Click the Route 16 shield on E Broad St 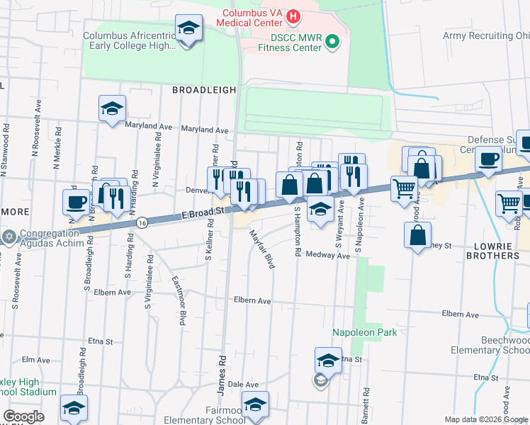[x=142, y=222]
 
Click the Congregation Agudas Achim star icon [x=9, y=237]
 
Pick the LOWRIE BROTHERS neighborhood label [x=495, y=249]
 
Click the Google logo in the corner [x=23, y=416]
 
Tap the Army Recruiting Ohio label [x=486, y=35]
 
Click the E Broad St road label [x=203, y=210]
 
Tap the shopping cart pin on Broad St [x=404, y=188]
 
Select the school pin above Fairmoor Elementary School [x=255, y=406]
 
